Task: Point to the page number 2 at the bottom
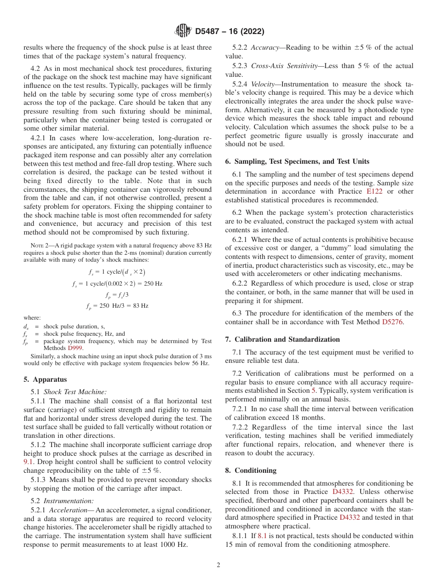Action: pyautogui.click(x=218, y=565)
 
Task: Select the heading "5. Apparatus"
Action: pyautogui.click(x=45, y=379)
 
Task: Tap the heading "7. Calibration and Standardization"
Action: pyautogui.click(x=282, y=339)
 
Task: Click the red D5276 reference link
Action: pyautogui.click(x=392, y=322)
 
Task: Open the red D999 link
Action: pyautogui.click(x=75, y=348)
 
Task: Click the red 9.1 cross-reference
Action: pyautogui.click(x=28, y=462)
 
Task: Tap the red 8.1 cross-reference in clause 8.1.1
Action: pyautogui.click(x=262, y=536)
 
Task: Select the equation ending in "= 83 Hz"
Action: pyautogui.click(x=118, y=306)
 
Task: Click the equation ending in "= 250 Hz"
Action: pyautogui.click(x=118, y=284)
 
